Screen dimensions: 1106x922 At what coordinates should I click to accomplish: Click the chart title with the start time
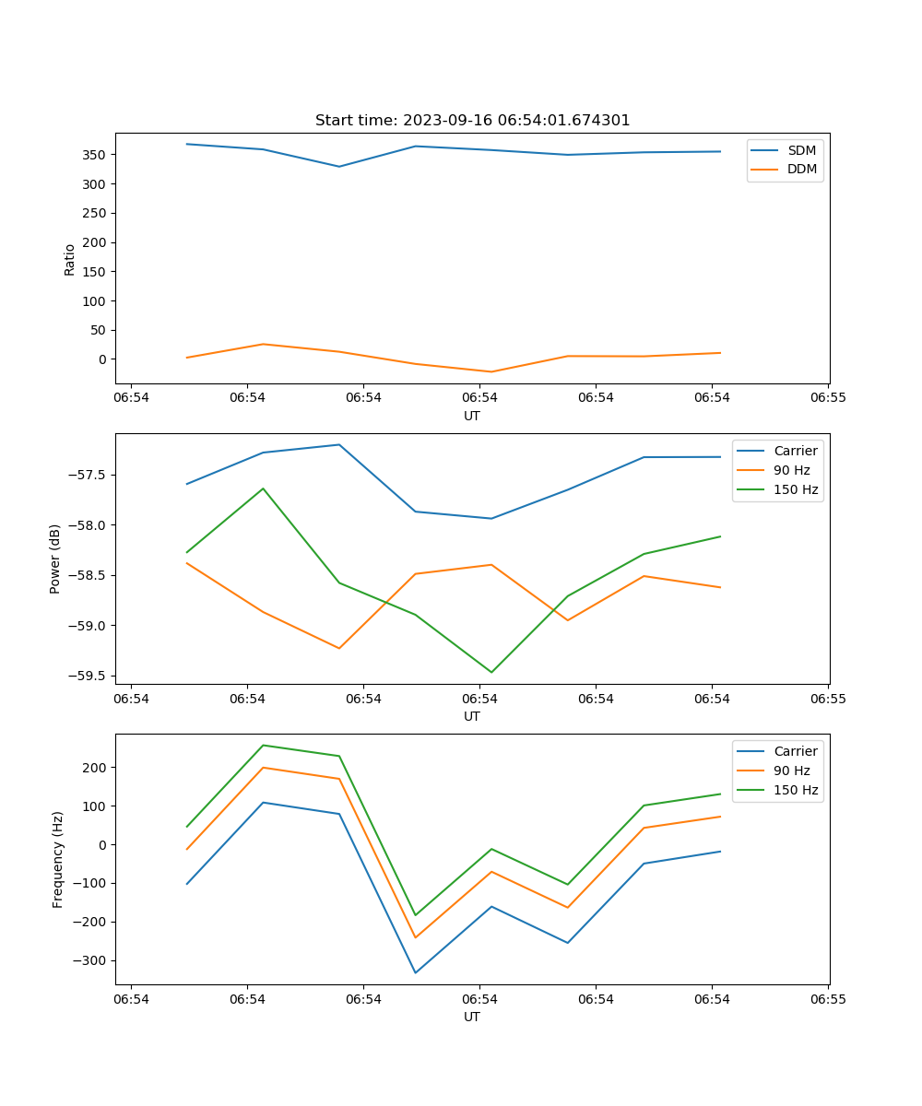472,121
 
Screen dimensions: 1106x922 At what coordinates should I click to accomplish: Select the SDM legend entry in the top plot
801,150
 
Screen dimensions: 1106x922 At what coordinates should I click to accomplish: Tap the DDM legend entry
801,169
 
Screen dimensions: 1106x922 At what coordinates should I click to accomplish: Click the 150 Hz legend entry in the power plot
795,489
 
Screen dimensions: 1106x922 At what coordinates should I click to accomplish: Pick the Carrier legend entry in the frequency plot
795,751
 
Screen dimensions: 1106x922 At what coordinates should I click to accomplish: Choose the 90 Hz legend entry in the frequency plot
795,771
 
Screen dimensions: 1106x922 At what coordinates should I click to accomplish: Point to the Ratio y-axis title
70,259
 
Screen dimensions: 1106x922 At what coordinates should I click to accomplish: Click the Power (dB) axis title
55,559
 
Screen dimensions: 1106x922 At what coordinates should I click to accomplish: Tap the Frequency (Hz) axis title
58,859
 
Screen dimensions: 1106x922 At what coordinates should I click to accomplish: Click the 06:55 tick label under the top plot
827,398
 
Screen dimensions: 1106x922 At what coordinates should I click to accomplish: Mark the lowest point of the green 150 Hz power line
491,672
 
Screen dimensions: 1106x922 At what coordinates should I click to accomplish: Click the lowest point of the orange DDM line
491,371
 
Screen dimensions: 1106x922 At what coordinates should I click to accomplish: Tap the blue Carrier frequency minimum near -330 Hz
416,972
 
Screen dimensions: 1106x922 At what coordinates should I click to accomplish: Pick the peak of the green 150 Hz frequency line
264,745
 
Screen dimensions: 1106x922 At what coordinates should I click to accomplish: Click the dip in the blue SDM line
339,167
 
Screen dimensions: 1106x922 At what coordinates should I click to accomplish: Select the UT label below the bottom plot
472,1017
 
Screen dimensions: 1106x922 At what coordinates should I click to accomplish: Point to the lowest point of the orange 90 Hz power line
339,648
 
